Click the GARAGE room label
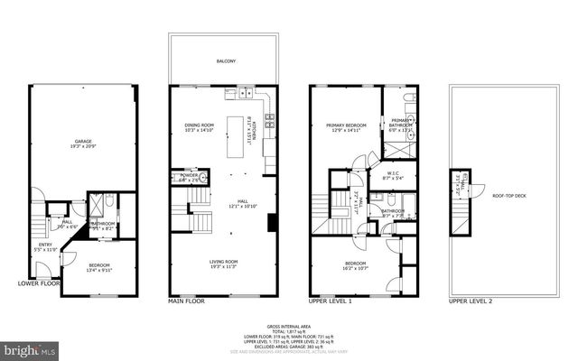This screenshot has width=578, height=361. tap(83, 142)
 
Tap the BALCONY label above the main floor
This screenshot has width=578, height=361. tap(226, 61)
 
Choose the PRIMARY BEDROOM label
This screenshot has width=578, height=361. tap(342, 125)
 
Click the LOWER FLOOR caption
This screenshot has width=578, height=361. tap(39, 282)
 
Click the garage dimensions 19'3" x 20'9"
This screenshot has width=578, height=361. tap(83, 147)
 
